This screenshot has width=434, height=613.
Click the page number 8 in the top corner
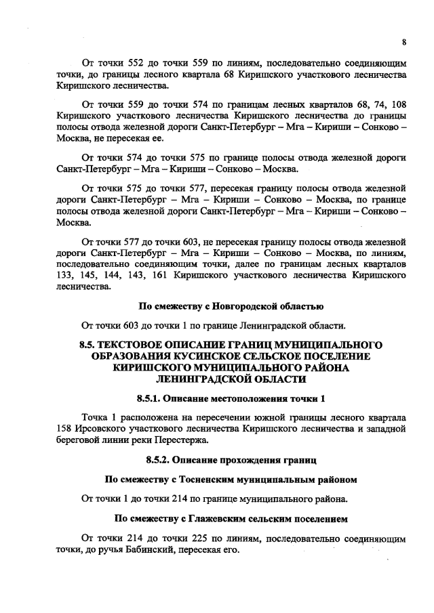pyautogui.click(x=403, y=42)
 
